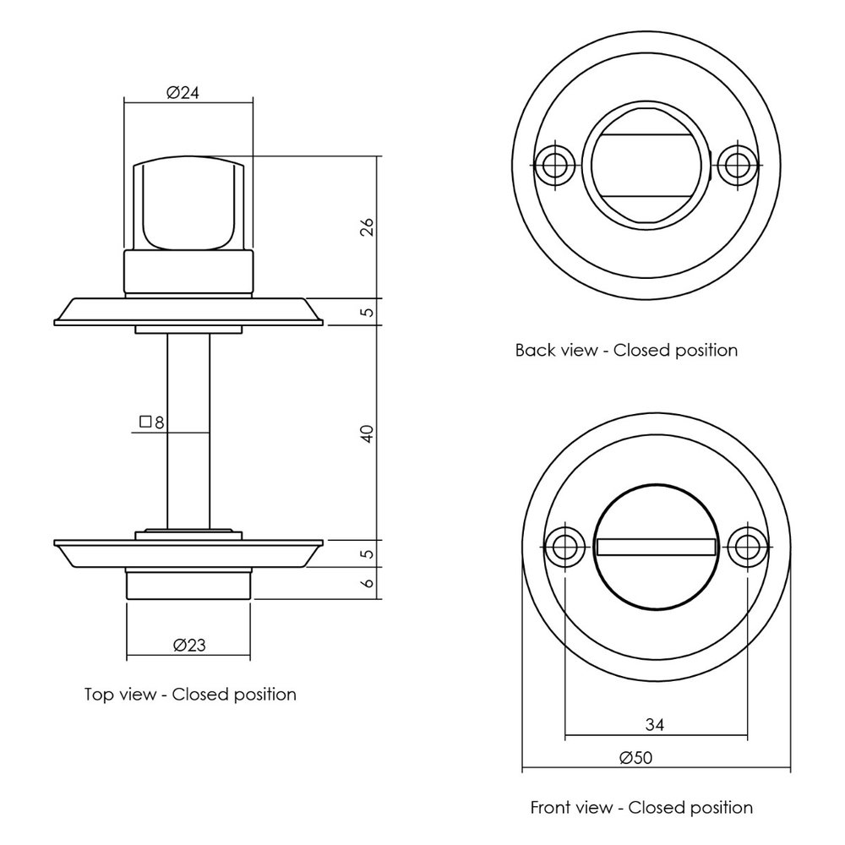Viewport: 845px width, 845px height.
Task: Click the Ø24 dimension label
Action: [183, 94]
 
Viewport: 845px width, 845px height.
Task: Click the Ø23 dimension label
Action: [188, 645]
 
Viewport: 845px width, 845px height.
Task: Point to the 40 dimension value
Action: [367, 433]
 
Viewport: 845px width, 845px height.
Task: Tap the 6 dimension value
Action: [367, 583]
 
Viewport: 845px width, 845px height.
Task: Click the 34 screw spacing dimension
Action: [654, 724]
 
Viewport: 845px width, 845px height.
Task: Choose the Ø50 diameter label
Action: [635, 758]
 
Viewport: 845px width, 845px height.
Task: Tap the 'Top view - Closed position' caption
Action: [190, 695]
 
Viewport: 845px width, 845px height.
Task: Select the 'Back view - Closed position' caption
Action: [626, 350]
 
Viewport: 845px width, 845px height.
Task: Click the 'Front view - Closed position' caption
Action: [641, 807]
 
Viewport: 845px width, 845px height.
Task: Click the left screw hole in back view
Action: [555, 164]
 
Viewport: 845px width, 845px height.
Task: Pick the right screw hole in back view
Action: [738, 164]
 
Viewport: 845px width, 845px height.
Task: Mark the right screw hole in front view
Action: [747, 547]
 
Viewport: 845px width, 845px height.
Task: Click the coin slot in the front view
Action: [656, 548]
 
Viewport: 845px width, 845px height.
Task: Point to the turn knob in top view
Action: [188, 205]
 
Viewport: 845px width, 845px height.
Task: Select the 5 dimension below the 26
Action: [367, 312]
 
